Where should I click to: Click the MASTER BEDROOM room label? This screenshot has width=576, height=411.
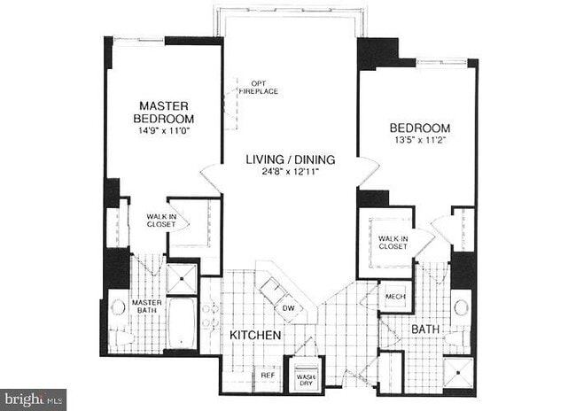[163, 112]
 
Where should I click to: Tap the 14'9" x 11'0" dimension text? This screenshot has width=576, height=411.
[163, 131]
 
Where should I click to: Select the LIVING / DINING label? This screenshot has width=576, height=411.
[290, 159]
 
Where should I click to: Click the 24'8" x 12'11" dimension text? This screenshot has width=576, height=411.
[290, 173]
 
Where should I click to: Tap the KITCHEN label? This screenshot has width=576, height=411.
[256, 337]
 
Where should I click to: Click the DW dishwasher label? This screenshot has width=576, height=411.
[288, 308]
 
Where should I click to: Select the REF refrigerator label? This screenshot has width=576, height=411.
[267, 375]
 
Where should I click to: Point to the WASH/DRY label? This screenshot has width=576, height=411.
[305, 378]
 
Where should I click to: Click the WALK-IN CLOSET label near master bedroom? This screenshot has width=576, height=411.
[161, 220]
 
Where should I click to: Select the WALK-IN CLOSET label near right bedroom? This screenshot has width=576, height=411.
[393, 242]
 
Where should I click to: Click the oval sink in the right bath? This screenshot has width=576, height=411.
[462, 308]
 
